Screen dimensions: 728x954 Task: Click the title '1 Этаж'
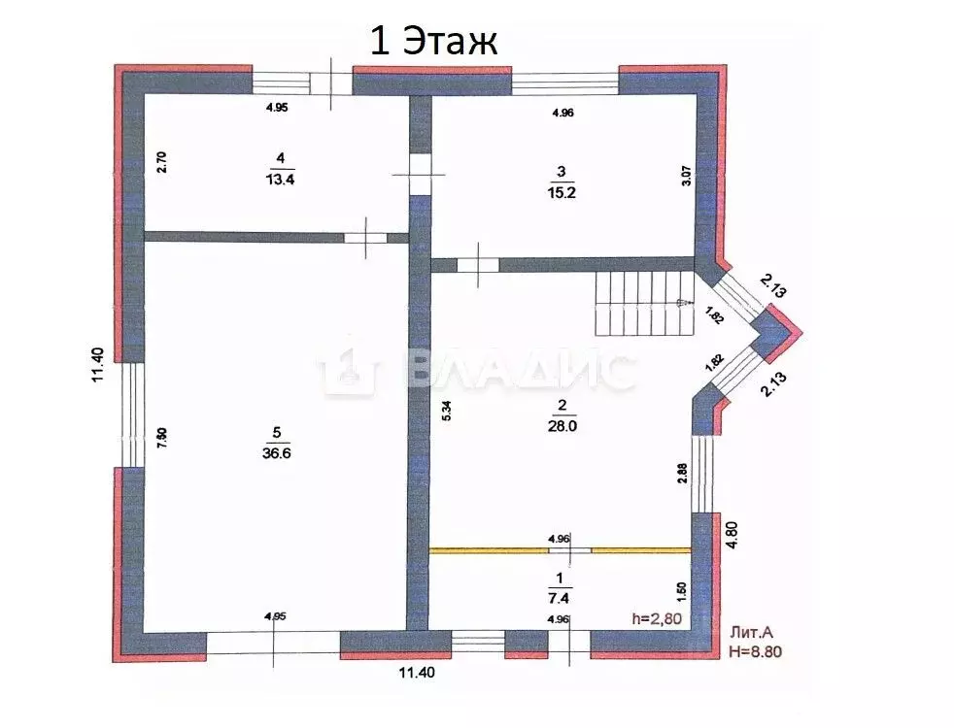click(432, 41)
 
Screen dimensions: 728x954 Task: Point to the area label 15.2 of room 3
click(562, 190)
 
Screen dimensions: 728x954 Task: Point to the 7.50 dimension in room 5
click(163, 438)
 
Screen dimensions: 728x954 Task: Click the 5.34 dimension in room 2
click(447, 411)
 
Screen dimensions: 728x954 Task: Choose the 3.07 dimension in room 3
click(686, 176)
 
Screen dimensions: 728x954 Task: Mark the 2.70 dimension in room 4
click(162, 161)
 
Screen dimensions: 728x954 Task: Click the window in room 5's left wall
click(130, 415)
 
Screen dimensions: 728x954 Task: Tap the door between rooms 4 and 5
click(365, 236)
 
